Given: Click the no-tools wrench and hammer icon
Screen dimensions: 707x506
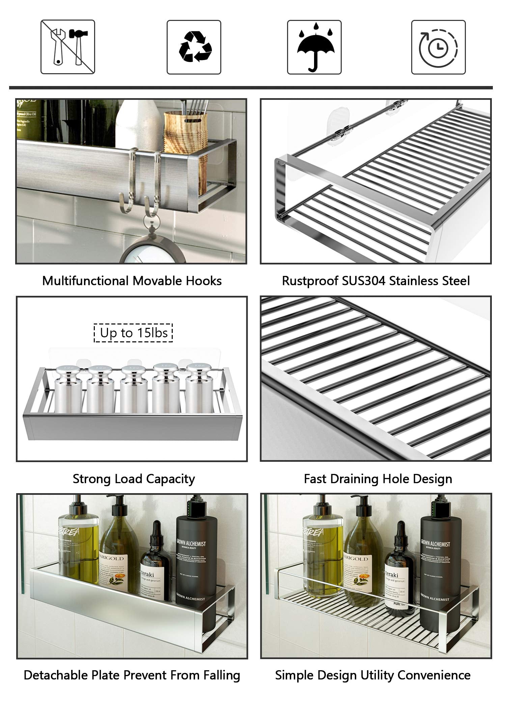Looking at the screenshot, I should [x=68, y=47].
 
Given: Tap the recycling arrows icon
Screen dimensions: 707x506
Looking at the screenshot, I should [x=194, y=47].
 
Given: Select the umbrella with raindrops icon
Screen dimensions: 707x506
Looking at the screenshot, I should [x=314, y=47].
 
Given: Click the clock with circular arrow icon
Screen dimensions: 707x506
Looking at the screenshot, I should [x=438, y=47].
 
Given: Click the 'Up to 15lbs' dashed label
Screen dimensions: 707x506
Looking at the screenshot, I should [x=133, y=333].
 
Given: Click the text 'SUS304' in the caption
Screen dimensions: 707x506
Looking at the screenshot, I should [x=363, y=281].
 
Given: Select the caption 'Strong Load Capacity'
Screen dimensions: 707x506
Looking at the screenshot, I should [x=134, y=479].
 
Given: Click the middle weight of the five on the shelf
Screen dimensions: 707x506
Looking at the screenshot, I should [x=133, y=388].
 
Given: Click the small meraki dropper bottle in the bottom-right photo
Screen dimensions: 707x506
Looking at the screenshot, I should [x=400, y=570].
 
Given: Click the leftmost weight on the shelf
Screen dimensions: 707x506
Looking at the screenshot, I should [x=68, y=388].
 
